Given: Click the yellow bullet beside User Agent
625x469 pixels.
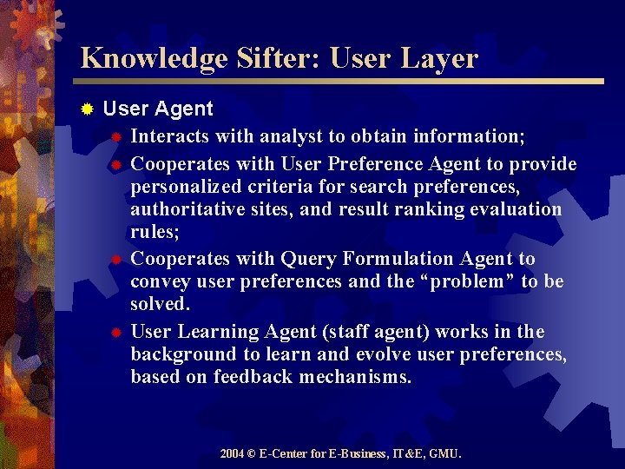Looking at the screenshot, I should pyautogui.click(x=87, y=109).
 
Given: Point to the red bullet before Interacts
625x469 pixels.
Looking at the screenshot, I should pyautogui.click(x=115, y=136).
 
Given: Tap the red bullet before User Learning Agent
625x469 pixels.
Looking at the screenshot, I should pyautogui.click(x=115, y=333).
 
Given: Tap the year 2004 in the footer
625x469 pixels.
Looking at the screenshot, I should pyautogui.click(x=232, y=453).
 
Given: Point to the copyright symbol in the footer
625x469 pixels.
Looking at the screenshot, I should pyautogui.click(x=251, y=453).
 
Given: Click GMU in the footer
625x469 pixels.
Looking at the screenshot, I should pyautogui.click(x=446, y=453).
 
